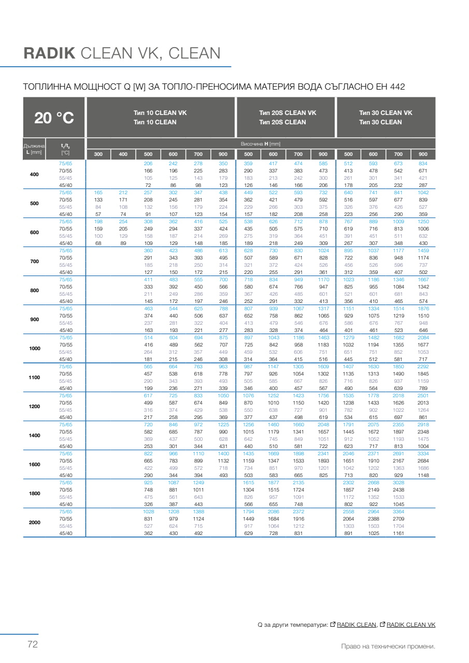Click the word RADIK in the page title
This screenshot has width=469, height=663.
[x=50, y=53]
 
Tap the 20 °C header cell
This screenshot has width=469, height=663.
[x=54, y=118]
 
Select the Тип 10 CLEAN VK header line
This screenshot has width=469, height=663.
[x=160, y=113]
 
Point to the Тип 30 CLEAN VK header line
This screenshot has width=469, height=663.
[x=386, y=113]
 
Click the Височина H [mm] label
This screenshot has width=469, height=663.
[x=260, y=143]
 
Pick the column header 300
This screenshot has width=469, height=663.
[x=98, y=154]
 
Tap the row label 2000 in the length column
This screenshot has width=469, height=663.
[x=34, y=523]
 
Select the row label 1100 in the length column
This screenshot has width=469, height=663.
[x=34, y=378]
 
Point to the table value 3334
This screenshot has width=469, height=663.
[x=423, y=453]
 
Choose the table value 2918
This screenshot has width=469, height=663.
[x=423, y=424]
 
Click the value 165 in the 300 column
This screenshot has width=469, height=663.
[x=98, y=192]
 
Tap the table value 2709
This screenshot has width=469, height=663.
[x=398, y=518]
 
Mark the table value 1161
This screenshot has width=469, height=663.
[x=398, y=533]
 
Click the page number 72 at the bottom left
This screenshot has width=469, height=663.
[x=33, y=645]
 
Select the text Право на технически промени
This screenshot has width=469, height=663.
[x=388, y=646]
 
